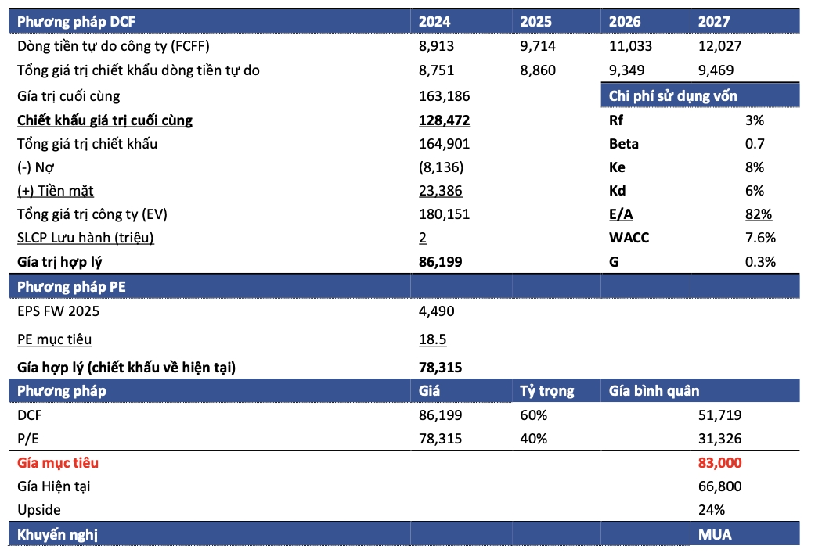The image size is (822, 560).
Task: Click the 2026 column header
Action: (625, 21)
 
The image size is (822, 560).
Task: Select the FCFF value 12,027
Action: (719, 46)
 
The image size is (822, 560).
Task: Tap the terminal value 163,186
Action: (444, 96)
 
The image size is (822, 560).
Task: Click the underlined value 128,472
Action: (444, 120)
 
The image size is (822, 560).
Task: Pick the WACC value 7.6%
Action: (760, 238)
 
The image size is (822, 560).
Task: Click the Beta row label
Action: (624, 144)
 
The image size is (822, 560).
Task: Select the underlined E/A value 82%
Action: (759, 214)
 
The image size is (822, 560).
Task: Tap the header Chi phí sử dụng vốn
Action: (673, 96)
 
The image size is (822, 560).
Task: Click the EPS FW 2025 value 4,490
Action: (437, 311)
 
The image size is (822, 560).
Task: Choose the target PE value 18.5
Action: (432, 339)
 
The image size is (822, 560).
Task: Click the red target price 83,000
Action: (719, 463)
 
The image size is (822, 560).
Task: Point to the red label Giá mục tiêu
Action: (58, 463)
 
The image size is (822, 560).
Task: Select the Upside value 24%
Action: (712, 510)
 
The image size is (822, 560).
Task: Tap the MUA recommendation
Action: (715, 535)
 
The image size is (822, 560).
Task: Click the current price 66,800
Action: (719, 486)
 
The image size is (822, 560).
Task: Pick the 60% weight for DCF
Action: (534, 415)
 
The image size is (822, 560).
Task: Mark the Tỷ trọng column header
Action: (546, 391)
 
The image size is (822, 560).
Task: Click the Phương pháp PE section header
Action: (71, 287)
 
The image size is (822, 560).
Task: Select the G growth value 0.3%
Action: (760, 262)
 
